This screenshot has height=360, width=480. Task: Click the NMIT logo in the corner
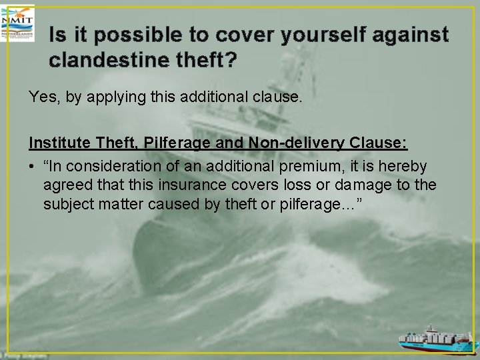point(18,21)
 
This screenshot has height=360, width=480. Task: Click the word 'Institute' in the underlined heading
point(59,143)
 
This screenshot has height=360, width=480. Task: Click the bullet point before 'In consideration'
point(32,166)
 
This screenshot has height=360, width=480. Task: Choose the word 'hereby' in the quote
point(406,165)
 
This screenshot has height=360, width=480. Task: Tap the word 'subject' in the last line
point(68,203)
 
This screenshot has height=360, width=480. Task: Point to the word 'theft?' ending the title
point(211,60)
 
